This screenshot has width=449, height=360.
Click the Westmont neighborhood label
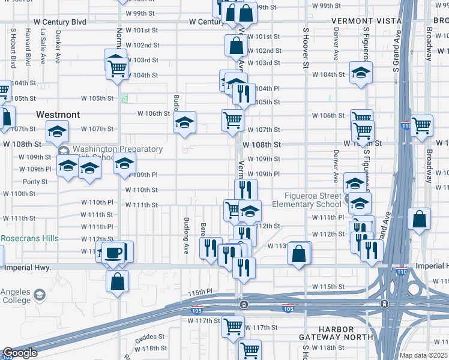(x=58, y=114)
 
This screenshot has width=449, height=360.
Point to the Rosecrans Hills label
(x=29, y=238)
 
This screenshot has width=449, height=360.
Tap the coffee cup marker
(x=113, y=252)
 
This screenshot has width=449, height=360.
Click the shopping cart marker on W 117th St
(x=232, y=327)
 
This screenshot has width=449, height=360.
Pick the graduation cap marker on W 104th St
(x=360, y=74)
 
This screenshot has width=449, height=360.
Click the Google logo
(x=20, y=353)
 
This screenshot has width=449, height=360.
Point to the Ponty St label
(x=35, y=181)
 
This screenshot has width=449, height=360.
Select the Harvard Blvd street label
(x=28, y=50)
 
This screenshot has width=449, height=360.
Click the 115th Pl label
(x=200, y=292)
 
